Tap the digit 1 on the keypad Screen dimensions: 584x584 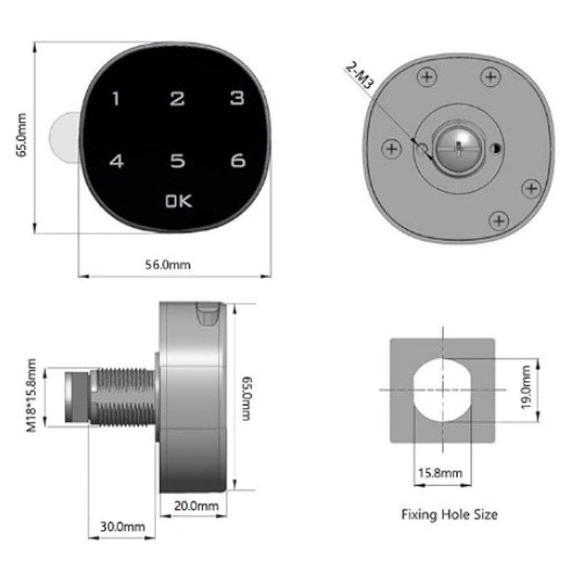pyautogui.click(x=115, y=99)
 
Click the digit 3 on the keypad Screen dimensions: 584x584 pyautogui.click(x=236, y=99)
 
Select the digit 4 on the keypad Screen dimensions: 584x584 pyautogui.click(x=116, y=161)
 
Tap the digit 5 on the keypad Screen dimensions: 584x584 pyautogui.click(x=176, y=161)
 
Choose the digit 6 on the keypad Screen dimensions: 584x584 pyautogui.click(x=237, y=161)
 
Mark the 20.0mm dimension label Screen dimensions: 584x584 pyautogui.click(x=196, y=505)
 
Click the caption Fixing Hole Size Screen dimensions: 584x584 pyautogui.click(x=449, y=515)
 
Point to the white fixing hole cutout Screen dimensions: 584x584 pyautogui.click(x=442, y=391)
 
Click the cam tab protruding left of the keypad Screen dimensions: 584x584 pyautogui.click(x=61, y=139)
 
